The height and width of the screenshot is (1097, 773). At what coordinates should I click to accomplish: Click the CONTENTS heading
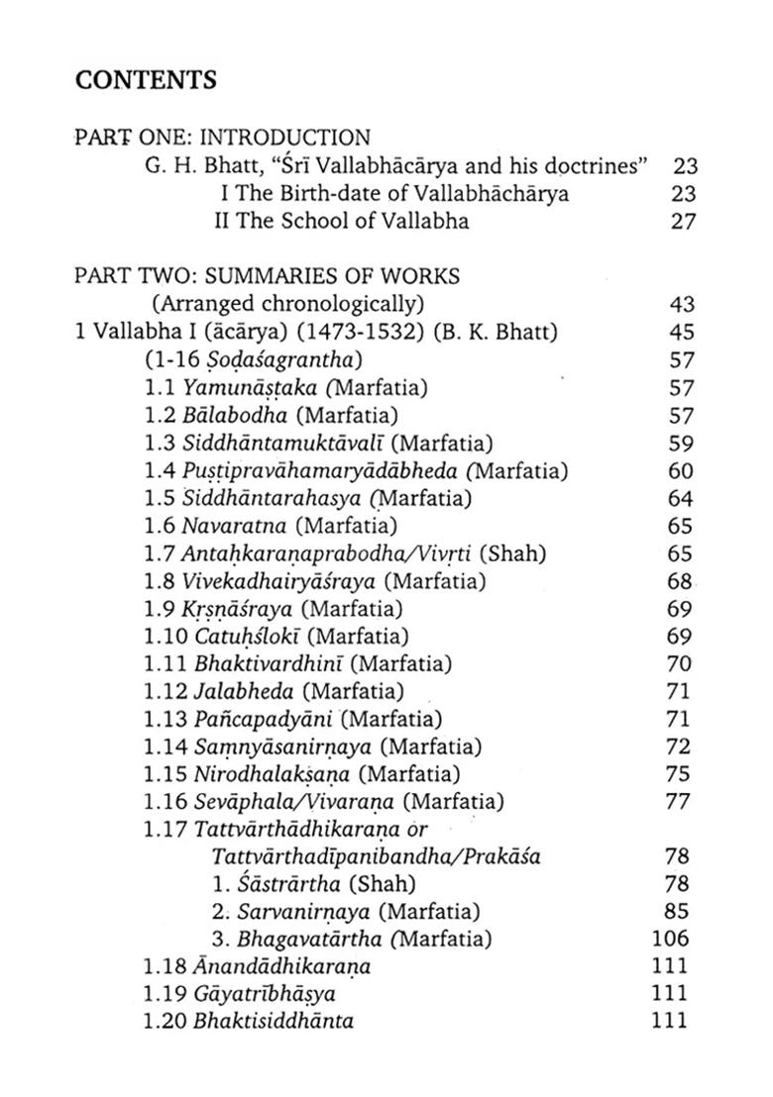click(x=146, y=79)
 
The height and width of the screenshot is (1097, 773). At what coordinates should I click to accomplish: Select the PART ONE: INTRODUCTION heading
click(x=222, y=137)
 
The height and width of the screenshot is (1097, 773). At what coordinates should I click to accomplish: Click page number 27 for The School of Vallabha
click(x=684, y=221)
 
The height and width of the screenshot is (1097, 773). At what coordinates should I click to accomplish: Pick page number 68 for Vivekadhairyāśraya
click(x=679, y=582)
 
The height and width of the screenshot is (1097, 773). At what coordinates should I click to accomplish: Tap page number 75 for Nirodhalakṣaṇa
click(x=678, y=773)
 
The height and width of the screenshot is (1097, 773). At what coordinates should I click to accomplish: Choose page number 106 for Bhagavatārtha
click(x=672, y=938)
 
